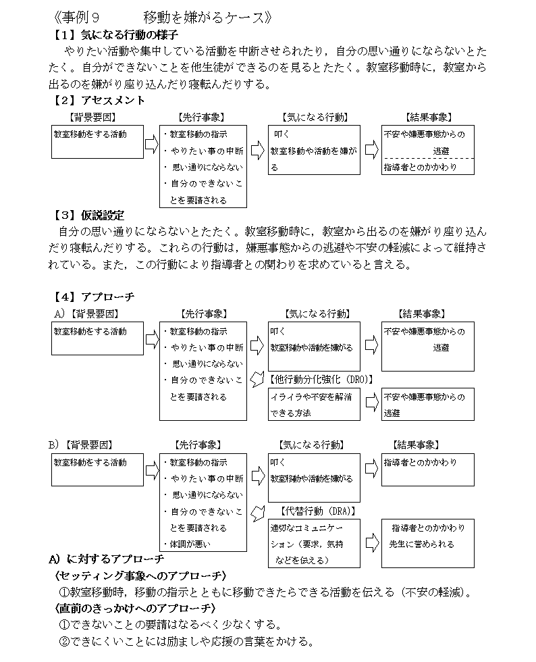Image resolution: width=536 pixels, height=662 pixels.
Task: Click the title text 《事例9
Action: pyautogui.click(x=77, y=18)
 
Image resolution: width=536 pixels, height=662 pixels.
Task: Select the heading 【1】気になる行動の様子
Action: pyautogui.click(x=114, y=34)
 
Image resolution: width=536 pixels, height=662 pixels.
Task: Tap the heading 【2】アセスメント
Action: pyautogui.click(x=98, y=100)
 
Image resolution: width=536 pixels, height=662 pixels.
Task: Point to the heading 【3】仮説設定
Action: pyautogui.click(x=88, y=215)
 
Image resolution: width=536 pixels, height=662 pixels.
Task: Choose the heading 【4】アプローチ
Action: pyautogui.click(x=93, y=297)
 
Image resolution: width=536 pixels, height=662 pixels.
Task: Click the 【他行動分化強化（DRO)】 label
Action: pyautogui.click(x=321, y=380)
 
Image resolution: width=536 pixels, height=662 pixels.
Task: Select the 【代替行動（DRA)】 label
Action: pyautogui.click(x=317, y=511)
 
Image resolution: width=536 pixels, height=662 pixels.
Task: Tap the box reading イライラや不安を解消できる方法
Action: pyautogui.click(x=314, y=405)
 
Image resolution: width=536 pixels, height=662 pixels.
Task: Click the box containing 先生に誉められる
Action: pyautogui.click(x=427, y=543)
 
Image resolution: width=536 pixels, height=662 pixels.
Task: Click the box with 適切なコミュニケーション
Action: pyautogui.click(x=314, y=543)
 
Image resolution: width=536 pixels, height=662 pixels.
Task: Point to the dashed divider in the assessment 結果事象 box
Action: pyautogui.click(x=427, y=158)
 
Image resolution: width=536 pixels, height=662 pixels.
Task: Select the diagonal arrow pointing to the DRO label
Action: pyautogui.click(x=257, y=379)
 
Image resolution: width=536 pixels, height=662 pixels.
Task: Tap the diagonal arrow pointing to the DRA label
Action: pyautogui.click(x=257, y=513)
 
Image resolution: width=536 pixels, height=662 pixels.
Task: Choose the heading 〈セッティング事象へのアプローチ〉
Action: pyautogui.click(x=140, y=576)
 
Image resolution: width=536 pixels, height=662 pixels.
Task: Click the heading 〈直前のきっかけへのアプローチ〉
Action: pyautogui.click(x=135, y=609)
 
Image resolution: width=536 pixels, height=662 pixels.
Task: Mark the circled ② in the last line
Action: pyautogui.click(x=64, y=642)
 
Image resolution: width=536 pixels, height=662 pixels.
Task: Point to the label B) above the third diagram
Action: pyautogui.click(x=54, y=445)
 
